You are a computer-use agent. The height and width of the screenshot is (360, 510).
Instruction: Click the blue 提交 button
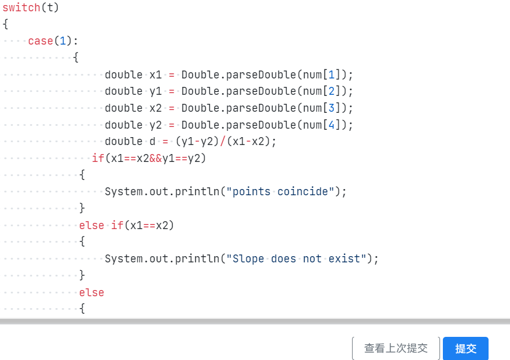[465, 348]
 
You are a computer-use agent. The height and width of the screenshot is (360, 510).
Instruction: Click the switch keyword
[21, 7]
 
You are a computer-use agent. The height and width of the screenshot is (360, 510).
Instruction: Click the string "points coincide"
[280, 191]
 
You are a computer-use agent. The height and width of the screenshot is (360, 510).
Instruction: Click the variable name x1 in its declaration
[156, 74]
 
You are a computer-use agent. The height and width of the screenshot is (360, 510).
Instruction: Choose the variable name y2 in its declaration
[156, 125]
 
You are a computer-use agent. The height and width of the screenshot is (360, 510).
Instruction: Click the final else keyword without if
[91, 292]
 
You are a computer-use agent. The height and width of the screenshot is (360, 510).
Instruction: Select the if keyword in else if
[117, 225]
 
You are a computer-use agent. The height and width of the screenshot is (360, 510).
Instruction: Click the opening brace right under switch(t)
[6, 24]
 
